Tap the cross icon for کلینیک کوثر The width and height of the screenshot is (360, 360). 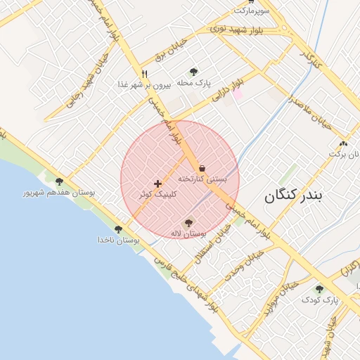coord(157,184)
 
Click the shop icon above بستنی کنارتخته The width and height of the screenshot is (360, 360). coord(202,168)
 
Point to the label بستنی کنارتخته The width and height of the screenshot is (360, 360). coord(202,179)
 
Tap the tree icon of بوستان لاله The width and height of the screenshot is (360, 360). coord(188,223)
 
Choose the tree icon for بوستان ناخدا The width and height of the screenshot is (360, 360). coord(118,229)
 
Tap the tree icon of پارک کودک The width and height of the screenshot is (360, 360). coord(319,289)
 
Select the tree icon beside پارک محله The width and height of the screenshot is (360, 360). coord(194,71)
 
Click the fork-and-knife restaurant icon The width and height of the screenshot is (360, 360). coord(144,73)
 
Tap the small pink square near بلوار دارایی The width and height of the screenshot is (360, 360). coord(238,94)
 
